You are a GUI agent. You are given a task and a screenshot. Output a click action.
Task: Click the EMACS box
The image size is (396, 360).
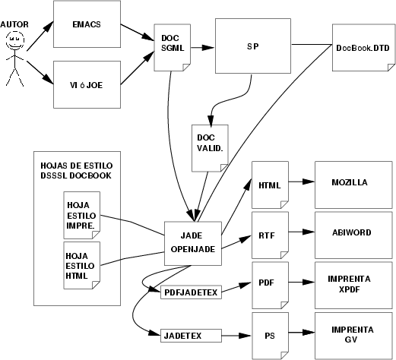87,24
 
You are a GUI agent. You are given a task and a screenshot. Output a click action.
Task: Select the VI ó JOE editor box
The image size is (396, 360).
87,84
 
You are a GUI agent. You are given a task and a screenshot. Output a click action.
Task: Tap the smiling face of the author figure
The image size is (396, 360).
15,40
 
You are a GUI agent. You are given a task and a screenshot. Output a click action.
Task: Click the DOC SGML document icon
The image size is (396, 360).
173,48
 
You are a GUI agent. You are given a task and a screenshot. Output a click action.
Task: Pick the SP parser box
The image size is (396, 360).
253,46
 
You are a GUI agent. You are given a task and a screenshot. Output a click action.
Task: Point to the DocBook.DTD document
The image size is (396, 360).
363,48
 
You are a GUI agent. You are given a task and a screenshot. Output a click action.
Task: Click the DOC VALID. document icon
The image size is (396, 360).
210,148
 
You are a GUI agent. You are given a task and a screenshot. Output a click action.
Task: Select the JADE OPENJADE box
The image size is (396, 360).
193,244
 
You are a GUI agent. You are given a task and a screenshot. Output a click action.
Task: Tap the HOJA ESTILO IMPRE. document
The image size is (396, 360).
82,215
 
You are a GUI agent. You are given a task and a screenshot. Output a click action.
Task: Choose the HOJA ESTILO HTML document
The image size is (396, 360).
82,265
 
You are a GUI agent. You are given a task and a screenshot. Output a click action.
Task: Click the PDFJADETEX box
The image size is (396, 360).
191,292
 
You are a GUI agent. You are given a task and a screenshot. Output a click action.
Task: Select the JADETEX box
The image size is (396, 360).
191,336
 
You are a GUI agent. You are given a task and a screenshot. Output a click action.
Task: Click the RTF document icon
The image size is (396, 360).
270,235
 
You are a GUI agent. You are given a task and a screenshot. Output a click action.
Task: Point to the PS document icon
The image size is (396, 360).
270,336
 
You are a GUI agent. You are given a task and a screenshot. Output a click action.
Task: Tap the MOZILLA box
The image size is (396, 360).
353,185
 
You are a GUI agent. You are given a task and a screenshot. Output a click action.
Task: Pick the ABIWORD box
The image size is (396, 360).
353,235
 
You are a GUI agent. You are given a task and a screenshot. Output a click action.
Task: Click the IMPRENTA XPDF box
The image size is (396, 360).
353,286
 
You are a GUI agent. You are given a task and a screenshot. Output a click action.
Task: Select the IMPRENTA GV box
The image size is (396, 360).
353,336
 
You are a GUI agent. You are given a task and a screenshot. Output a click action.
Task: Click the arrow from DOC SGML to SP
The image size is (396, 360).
202,47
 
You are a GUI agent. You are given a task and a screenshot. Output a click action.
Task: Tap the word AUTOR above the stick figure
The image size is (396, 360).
14,24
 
